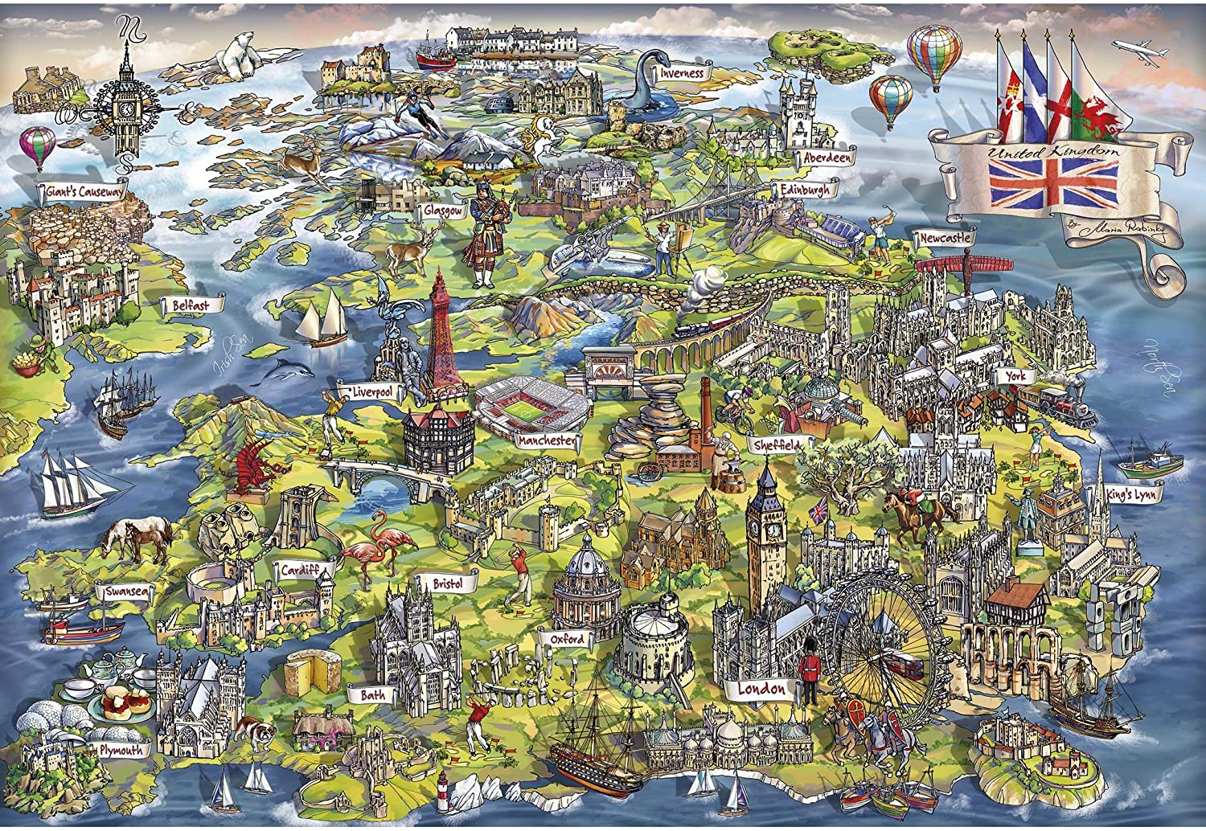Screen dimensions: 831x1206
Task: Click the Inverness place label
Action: click(683, 73)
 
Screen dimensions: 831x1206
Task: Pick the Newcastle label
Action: click(946, 239)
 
